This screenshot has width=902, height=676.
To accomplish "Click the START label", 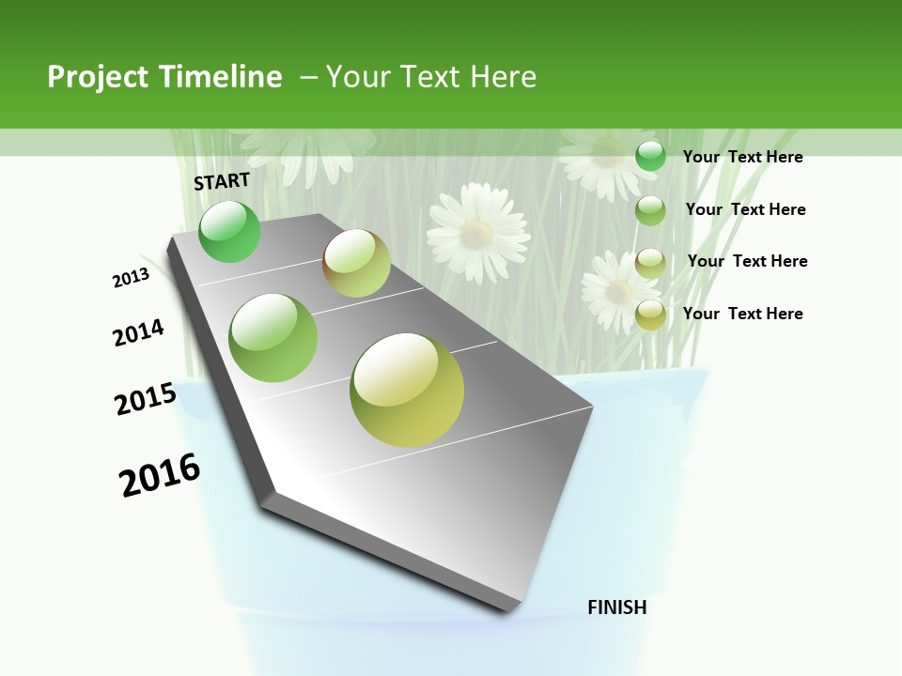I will point(222,181).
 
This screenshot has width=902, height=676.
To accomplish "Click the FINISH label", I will point(616,607).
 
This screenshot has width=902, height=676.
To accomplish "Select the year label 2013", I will point(131,278).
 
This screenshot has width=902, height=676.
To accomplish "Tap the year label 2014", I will point(139,333).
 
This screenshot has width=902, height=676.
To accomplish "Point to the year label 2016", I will point(160,475).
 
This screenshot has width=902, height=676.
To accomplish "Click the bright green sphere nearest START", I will point(229,231).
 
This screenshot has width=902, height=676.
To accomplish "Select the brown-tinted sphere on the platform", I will point(356,263).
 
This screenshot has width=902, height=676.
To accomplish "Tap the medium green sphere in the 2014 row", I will point(272,338).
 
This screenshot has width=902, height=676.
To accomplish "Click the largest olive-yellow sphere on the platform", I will point(407,390).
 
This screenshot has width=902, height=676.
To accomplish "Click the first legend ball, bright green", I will point(650,156).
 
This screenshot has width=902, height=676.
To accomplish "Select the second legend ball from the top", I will point(650,210).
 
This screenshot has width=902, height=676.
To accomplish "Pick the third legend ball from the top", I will point(650,263).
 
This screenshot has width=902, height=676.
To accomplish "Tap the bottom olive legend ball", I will point(650,315).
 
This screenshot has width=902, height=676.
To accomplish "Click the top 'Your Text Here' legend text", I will point(742,157).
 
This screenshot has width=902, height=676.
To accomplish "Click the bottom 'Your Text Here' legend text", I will point(742,314).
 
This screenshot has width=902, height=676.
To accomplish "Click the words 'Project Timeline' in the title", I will point(164,77).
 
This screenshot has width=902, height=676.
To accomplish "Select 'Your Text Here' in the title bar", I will point(430,77).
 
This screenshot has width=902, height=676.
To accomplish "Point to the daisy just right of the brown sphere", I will point(478,233).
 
